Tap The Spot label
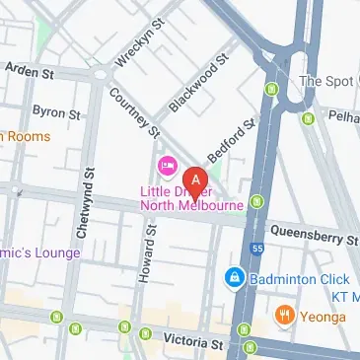click(x=324, y=81)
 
